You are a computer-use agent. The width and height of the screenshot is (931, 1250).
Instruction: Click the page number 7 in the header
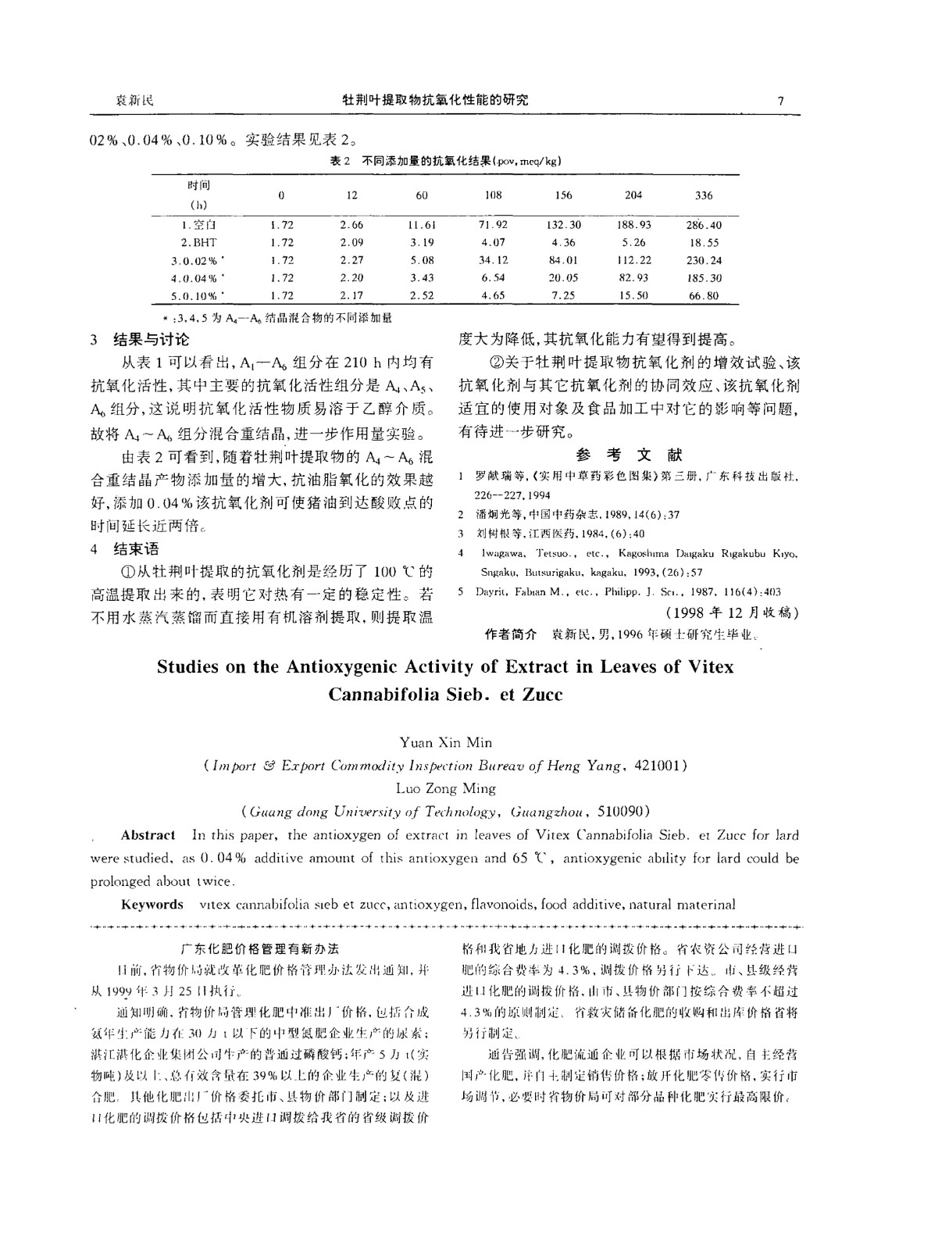tap(782, 100)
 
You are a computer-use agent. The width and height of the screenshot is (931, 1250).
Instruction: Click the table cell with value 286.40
tap(703, 224)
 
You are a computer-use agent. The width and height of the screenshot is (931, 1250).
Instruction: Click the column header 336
tap(704, 195)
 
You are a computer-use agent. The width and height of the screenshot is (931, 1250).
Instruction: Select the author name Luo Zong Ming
tap(446, 788)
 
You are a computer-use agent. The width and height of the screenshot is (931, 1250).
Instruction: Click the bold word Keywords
tap(152, 904)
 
